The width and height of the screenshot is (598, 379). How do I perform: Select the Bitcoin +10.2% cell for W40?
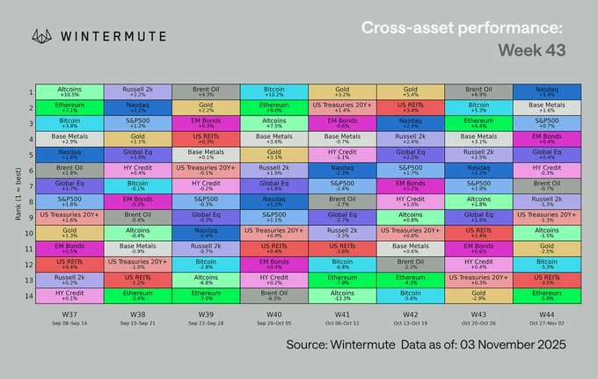click(x=274, y=92)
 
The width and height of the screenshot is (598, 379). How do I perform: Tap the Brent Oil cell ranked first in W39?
click(x=206, y=92)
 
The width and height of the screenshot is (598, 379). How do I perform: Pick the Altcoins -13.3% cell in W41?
click(x=343, y=295)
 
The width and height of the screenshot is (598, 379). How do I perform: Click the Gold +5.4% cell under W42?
click(x=412, y=92)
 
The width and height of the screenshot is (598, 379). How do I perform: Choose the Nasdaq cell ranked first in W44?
click(x=546, y=92)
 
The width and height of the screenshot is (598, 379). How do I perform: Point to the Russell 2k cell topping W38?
click(x=137, y=92)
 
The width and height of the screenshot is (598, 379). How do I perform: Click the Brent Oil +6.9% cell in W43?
click(x=480, y=92)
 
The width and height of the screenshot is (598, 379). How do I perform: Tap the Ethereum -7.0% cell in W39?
click(x=206, y=295)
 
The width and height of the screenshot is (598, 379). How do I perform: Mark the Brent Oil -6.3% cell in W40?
click(x=274, y=295)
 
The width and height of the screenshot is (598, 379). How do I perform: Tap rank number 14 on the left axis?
click(x=31, y=295)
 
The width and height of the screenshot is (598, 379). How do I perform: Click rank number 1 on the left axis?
click(x=31, y=92)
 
